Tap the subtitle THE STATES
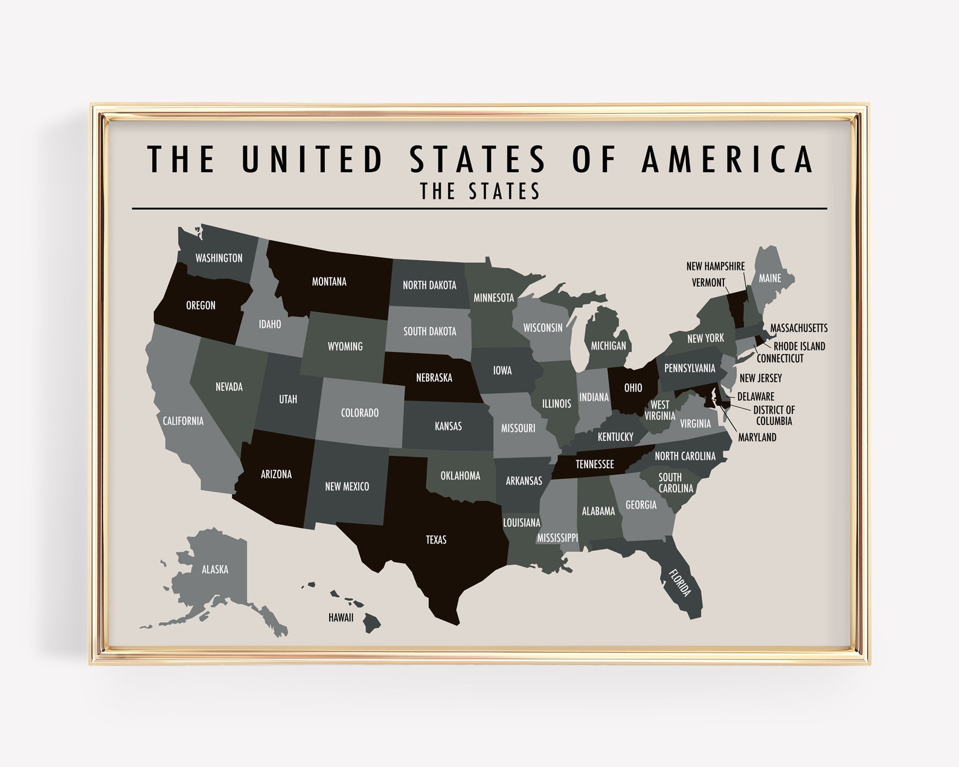coord(480,191)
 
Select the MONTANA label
coord(329,281)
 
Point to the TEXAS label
coord(436,539)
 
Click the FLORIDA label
coord(679,581)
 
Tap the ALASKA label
coord(215,569)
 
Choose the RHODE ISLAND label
coord(799,346)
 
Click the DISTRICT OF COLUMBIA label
coord(774,416)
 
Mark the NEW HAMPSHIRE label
coord(716,266)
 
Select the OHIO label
coord(633,388)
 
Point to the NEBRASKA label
coord(434,378)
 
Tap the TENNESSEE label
coord(594,464)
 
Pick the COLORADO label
coord(360,413)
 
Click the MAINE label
coord(770,278)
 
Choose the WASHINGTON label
coord(219,258)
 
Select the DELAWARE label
coord(755,397)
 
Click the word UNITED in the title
coord(313,158)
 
